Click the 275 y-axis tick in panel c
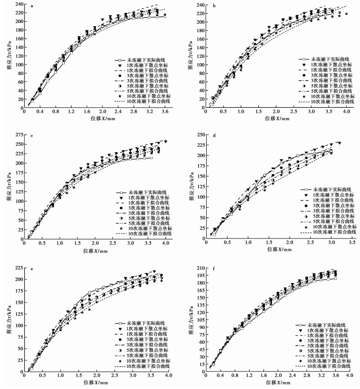(17, 134)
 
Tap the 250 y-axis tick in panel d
(199, 134)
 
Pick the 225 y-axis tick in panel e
(17, 267)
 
